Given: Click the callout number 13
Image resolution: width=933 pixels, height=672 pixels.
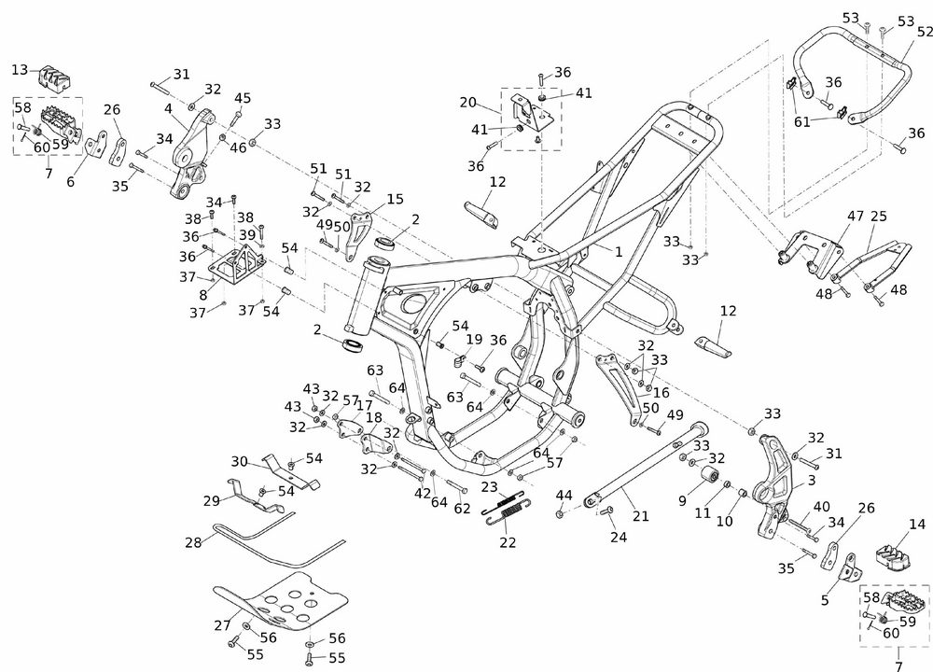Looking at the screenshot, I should (x=21, y=70).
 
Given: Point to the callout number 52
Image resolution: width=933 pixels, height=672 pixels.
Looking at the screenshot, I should (x=925, y=32).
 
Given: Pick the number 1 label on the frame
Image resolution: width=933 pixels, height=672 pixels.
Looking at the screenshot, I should (x=618, y=251).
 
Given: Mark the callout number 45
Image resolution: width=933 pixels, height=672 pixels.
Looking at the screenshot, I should (x=243, y=98).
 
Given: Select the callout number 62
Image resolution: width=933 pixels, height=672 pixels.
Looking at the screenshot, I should (x=461, y=510).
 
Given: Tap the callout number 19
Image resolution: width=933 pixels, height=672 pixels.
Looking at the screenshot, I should (x=474, y=340).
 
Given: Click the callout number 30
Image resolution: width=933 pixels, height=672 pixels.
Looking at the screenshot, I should (x=240, y=461).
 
